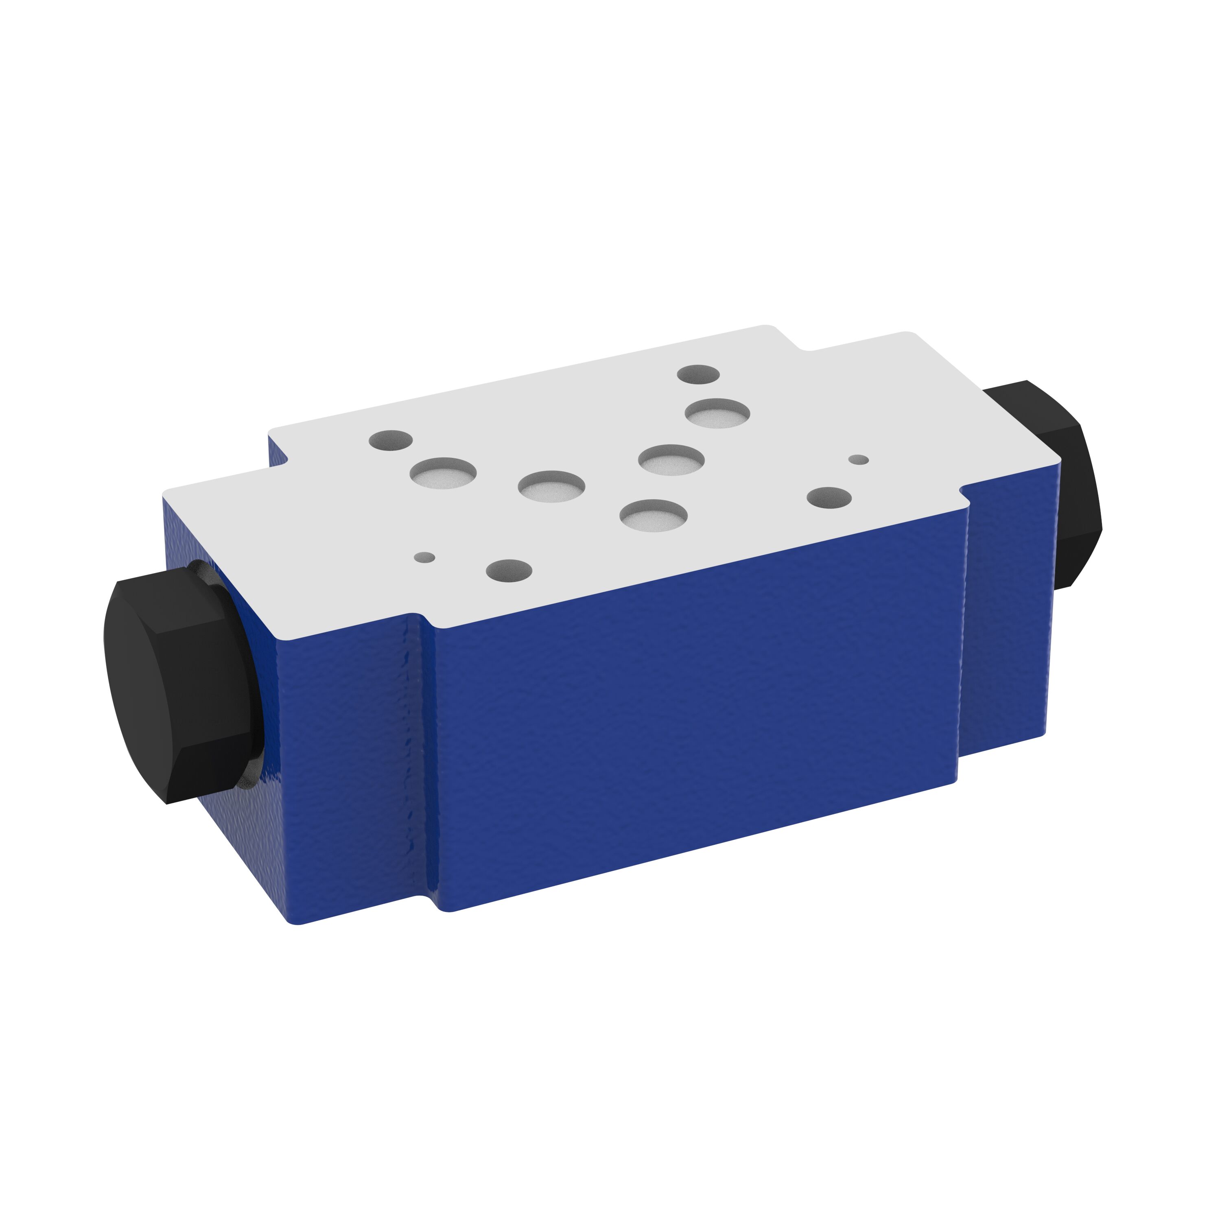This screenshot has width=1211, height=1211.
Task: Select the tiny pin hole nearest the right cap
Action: pyautogui.click(x=858, y=459)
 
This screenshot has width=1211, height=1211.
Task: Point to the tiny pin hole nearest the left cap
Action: pyautogui.click(x=424, y=557)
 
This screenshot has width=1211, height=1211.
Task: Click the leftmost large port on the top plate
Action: pyautogui.click(x=443, y=472)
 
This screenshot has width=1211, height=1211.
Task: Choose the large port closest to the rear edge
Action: pyautogui.click(x=717, y=413)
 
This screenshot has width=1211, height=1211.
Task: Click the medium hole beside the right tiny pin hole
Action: pyautogui.click(x=828, y=498)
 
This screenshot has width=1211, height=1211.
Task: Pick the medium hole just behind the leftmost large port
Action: pyautogui.click(x=391, y=440)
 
